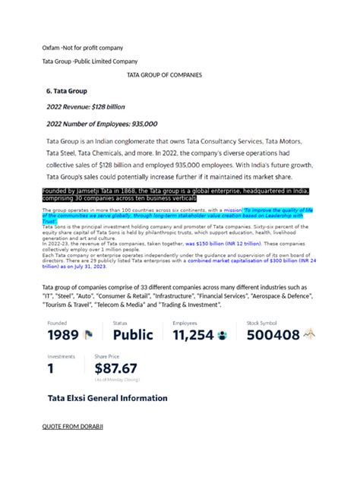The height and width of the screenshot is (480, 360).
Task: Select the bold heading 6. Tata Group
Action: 67,90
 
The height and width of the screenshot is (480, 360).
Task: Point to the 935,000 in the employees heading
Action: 137,123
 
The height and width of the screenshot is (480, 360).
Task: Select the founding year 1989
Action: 64,335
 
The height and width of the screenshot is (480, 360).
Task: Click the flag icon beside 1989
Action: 88,335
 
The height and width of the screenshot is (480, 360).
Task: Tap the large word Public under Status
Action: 133,335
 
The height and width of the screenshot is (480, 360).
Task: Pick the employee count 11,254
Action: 193,335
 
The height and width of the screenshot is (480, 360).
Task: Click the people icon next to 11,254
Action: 222,335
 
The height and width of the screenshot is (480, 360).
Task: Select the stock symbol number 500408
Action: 273,335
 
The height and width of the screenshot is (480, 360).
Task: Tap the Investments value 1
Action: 51,368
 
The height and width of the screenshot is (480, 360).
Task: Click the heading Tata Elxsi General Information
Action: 107,398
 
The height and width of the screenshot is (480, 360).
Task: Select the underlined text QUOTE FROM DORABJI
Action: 72,427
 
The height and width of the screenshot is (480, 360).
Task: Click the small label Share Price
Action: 106,355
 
